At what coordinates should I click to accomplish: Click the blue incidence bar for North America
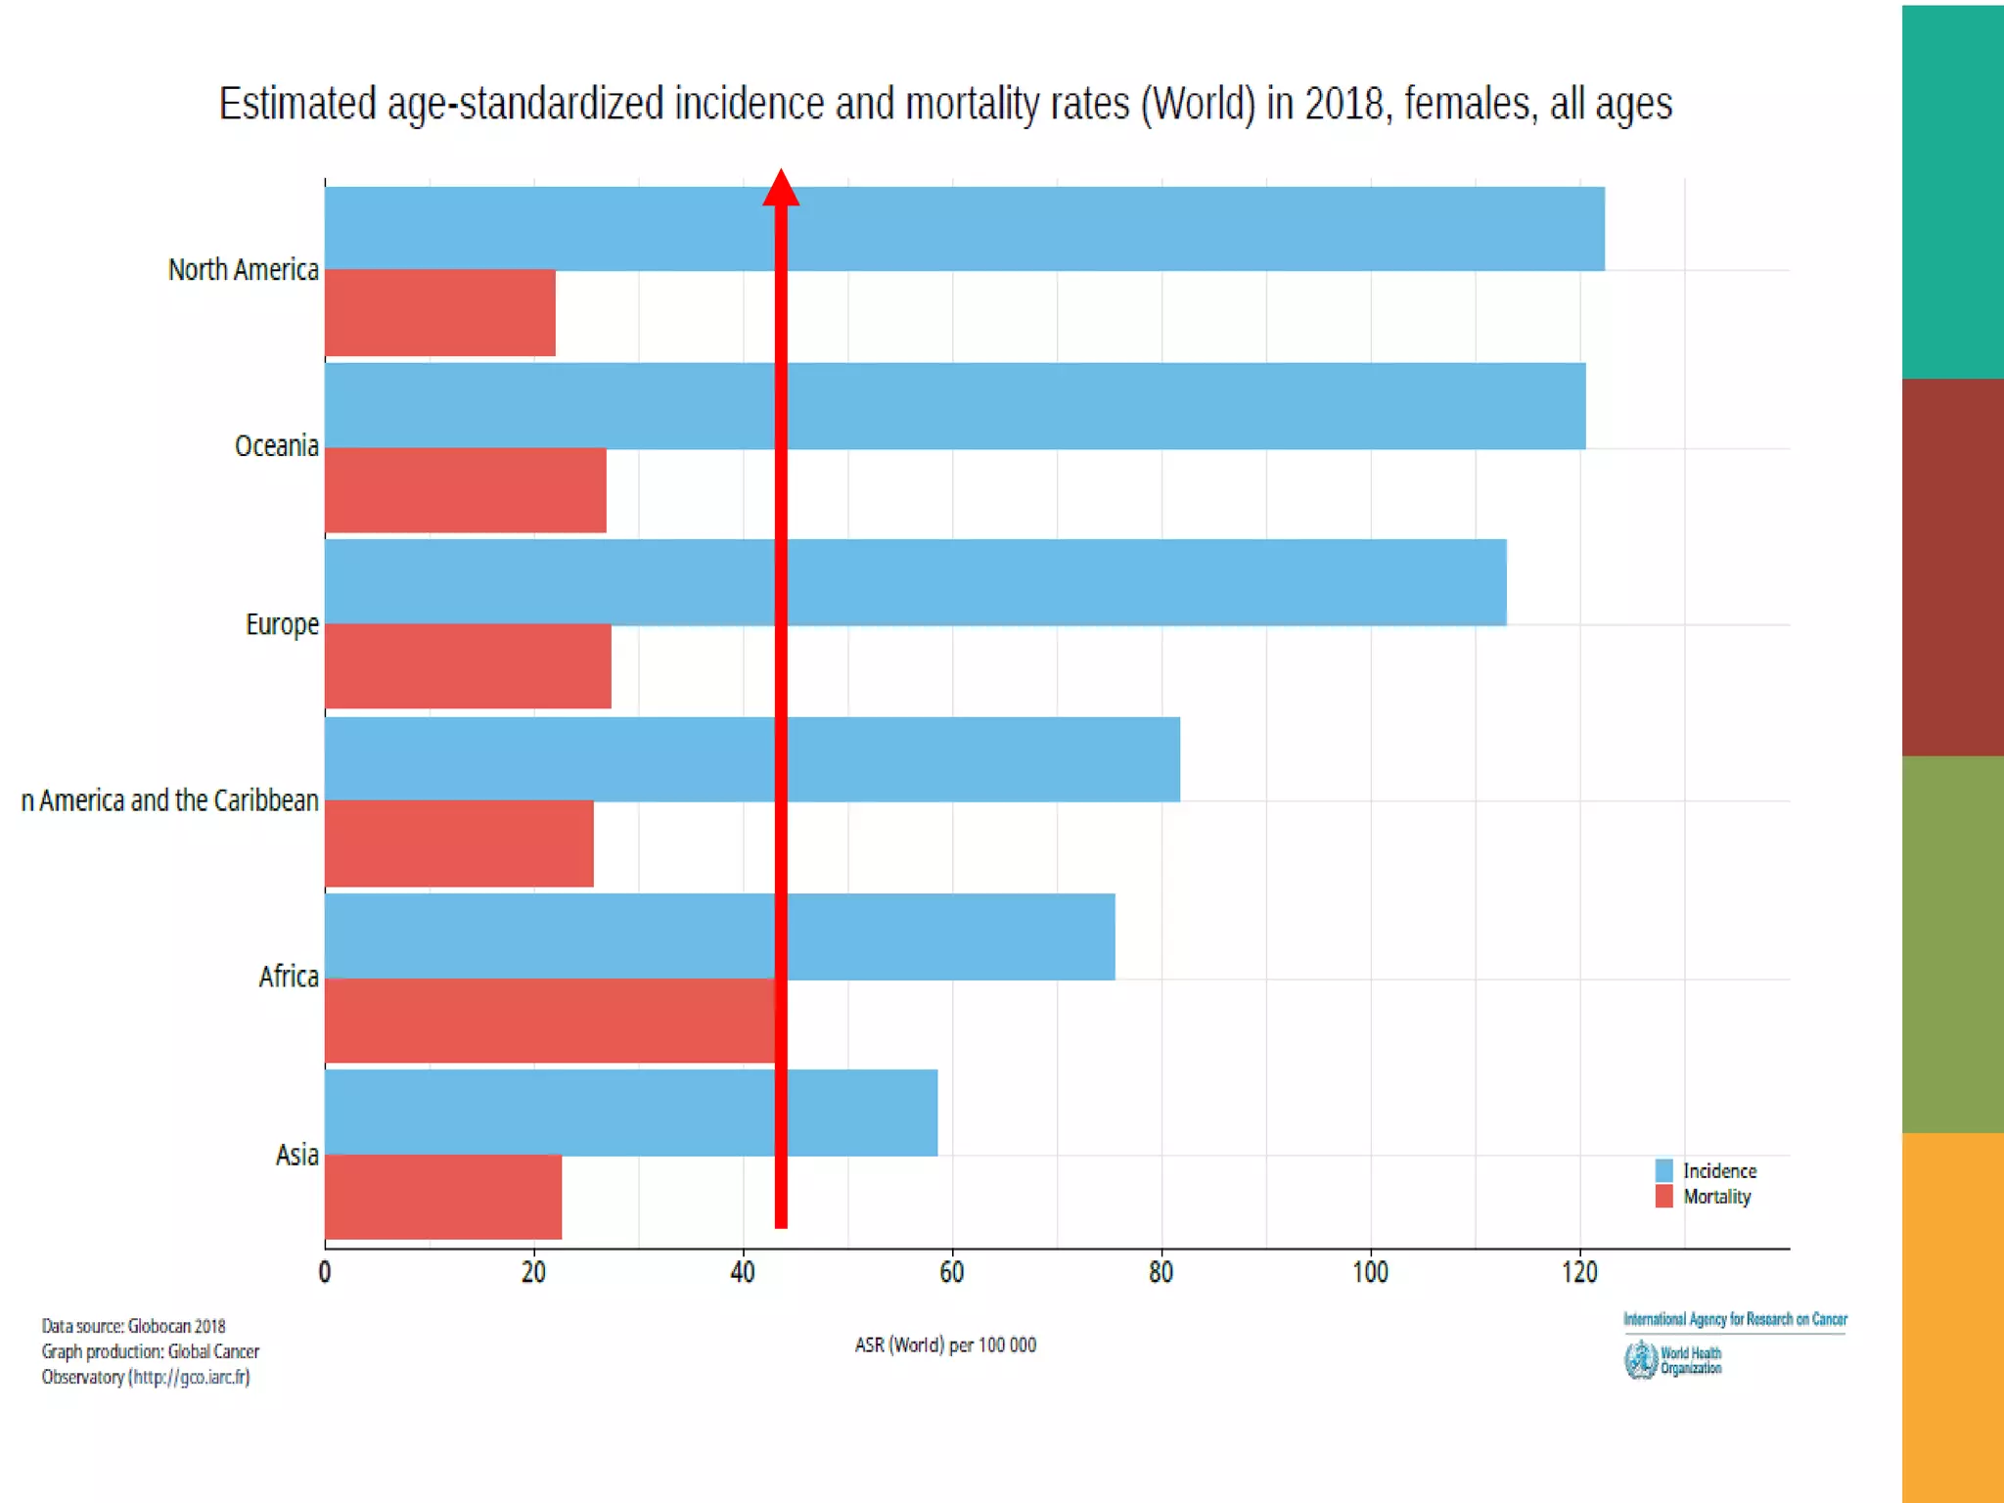point(1174,228)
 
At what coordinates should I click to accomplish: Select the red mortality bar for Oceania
point(465,490)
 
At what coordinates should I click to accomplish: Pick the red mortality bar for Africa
point(548,1021)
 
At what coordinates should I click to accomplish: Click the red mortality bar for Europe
point(468,666)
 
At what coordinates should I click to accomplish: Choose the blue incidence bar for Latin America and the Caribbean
point(979,759)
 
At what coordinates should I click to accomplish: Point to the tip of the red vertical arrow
point(781,173)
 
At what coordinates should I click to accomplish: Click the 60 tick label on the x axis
point(951,1272)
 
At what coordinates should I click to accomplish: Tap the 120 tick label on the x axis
point(1579,1272)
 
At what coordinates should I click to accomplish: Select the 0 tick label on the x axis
point(325,1272)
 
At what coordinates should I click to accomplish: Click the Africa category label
point(289,977)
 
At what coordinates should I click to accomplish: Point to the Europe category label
point(282,624)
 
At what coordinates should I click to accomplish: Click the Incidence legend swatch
point(1663,1170)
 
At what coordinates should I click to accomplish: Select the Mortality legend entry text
point(1717,1197)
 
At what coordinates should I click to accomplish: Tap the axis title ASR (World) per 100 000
point(945,1345)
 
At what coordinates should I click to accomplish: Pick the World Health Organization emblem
point(1640,1360)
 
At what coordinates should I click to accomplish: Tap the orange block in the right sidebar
point(1953,1316)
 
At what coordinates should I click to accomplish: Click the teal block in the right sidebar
point(1953,191)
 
